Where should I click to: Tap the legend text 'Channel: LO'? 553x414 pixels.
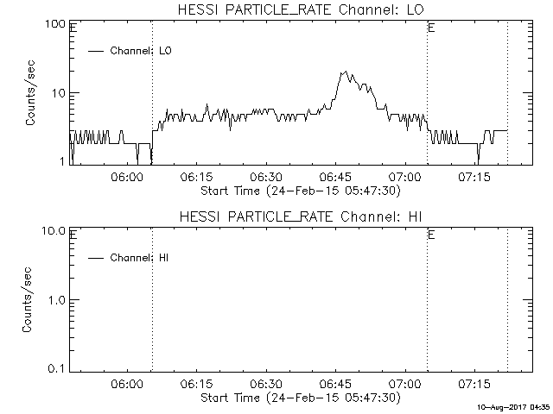(142, 51)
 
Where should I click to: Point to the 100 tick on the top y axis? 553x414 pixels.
(56, 24)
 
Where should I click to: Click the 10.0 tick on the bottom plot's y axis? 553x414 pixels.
(54, 231)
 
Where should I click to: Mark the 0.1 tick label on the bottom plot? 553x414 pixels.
(57, 368)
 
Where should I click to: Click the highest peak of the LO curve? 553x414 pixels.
(344, 72)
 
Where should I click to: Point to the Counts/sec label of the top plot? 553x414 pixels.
(30, 93)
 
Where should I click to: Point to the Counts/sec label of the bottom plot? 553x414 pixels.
(30, 299)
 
